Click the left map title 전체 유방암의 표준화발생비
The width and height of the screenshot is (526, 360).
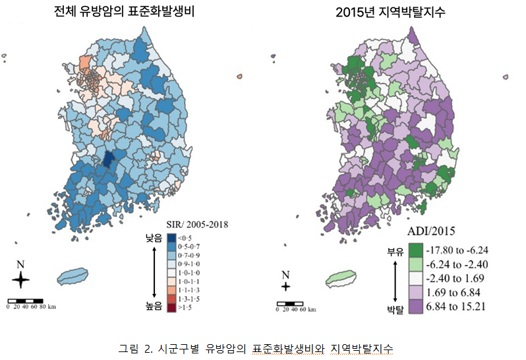(x=125, y=11)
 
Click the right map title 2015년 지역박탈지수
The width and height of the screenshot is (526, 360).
(x=390, y=13)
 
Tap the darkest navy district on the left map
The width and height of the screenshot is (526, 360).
(x=107, y=160)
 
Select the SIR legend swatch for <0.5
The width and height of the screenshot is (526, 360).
(x=171, y=238)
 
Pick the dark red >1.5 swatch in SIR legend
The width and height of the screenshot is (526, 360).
(x=171, y=308)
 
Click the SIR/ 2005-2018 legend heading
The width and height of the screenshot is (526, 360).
(x=197, y=224)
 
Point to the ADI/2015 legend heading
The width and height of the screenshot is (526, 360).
(x=431, y=231)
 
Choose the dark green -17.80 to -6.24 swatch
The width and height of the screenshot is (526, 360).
(x=416, y=251)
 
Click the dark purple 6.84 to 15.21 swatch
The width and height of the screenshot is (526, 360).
(x=416, y=307)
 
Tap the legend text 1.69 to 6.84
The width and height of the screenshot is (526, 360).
(x=453, y=293)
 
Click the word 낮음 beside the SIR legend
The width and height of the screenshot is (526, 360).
(x=154, y=238)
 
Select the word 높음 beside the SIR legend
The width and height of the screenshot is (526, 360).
(x=154, y=306)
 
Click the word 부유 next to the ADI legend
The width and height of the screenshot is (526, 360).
(x=395, y=252)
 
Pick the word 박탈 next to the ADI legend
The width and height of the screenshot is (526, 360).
(x=395, y=309)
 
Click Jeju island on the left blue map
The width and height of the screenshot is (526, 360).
(x=73, y=276)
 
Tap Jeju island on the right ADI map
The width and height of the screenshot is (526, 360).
(x=341, y=278)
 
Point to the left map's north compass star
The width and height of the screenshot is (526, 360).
(x=20, y=280)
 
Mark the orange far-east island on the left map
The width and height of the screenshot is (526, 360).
(x=239, y=76)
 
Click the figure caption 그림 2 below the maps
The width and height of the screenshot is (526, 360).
(x=255, y=349)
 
